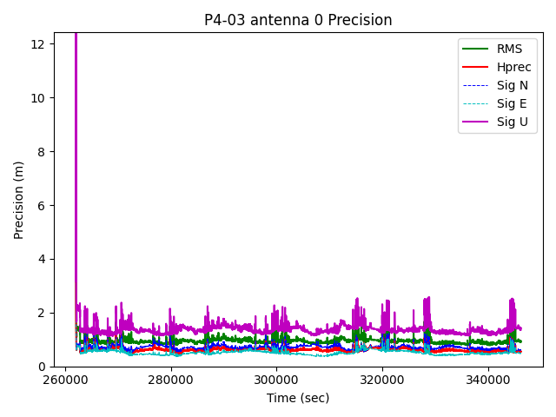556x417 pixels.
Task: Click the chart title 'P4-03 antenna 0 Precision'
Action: click(298, 20)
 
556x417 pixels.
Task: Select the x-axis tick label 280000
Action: click(171, 381)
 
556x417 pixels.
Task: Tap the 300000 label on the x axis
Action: click(277, 381)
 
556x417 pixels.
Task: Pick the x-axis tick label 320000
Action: click(382, 381)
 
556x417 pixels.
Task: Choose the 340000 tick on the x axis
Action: click(488, 381)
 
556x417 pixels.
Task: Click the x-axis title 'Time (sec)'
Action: click(298, 398)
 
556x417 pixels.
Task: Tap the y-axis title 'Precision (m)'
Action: click(19, 200)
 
